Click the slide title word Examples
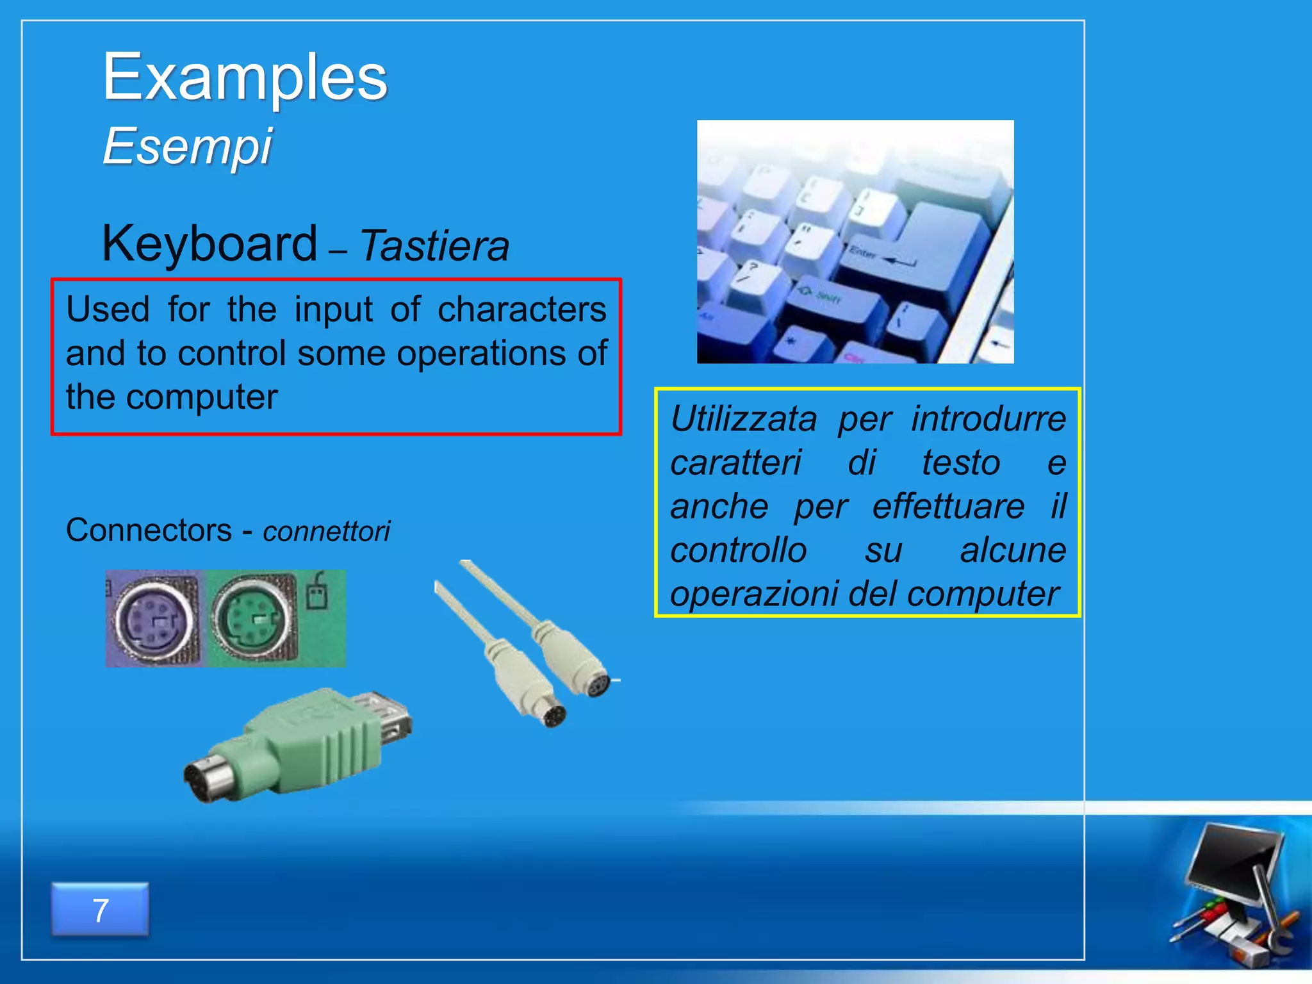[245, 78]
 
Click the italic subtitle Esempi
[187, 146]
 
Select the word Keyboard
[209, 243]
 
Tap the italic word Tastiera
[434, 246]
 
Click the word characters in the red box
[521, 309]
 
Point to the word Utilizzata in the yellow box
[743, 420]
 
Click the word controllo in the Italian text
[738, 550]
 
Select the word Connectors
[149, 530]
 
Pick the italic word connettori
[326, 532]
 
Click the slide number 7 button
[100, 910]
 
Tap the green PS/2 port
[253, 619]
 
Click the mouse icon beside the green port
[317, 593]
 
